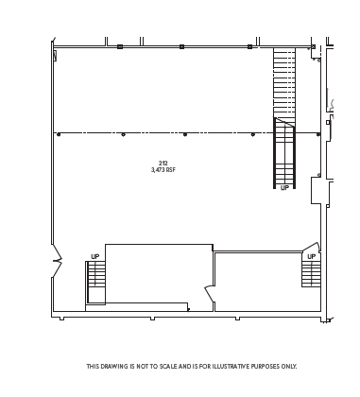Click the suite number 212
163,164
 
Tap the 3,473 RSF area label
163,170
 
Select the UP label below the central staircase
284,187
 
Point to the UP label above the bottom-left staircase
94,256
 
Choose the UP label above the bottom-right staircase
311,256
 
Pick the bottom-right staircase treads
311,274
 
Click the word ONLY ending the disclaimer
288,366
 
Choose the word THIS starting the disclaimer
93,366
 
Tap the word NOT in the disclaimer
140,366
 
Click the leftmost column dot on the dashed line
59,134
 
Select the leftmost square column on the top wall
120,46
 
